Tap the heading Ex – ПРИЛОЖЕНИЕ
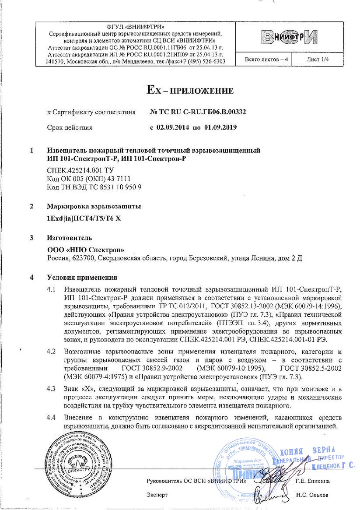pos(189,91)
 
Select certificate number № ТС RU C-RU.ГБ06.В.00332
pos(198,112)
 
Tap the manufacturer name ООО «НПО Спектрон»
pos(85,249)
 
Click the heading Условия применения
pos(82,277)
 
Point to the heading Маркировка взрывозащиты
pos(94,206)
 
